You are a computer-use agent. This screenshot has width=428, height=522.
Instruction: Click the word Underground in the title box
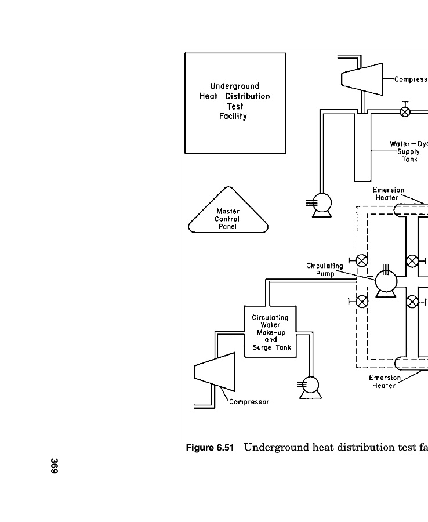tap(234, 86)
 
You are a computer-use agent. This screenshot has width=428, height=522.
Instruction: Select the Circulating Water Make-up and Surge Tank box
tap(270, 333)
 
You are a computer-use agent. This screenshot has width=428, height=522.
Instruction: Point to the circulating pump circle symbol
tap(386, 282)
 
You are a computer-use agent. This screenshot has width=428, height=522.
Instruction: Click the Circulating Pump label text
tap(325, 270)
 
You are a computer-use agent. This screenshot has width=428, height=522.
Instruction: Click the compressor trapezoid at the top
tap(361, 78)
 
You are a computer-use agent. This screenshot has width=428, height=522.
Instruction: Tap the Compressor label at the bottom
tap(249, 401)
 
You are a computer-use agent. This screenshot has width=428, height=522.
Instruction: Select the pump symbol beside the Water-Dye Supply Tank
tap(322, 203)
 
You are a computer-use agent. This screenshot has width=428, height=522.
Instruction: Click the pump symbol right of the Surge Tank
tap(310, 385)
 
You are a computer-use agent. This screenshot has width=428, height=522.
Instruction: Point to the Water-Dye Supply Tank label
tap(404, 151)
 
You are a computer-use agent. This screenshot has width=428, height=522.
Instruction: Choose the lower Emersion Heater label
tap(385, 382)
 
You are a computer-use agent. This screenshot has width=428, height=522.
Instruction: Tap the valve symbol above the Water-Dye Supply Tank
tap(405, 111)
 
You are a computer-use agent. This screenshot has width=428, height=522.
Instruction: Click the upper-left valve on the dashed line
tap(362, 260)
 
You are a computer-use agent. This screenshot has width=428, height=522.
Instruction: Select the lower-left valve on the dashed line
tap(362, 301)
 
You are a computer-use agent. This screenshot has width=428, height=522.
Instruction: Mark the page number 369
tap(54, 467)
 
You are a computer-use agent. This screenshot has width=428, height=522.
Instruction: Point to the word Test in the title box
tap(235, 106)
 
